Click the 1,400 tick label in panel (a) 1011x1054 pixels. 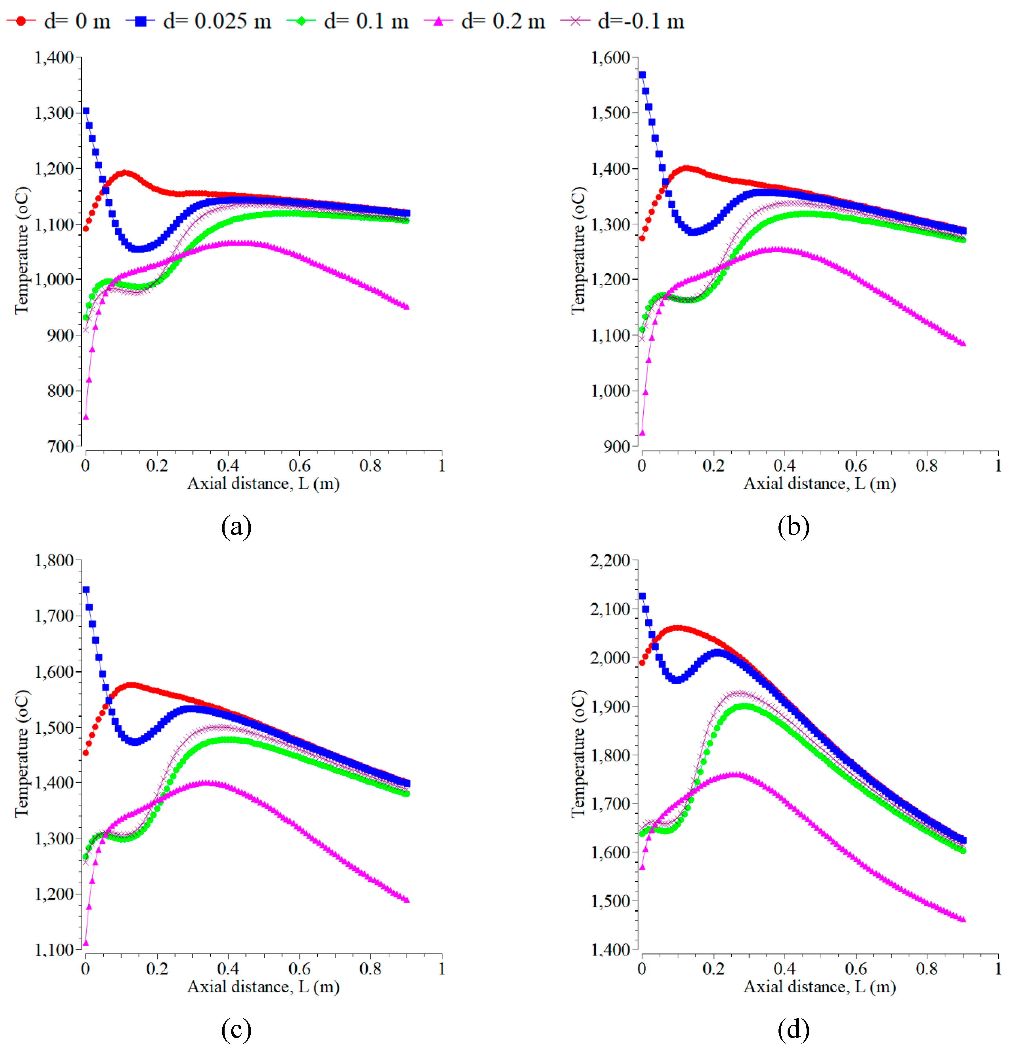click(x=54, y=58)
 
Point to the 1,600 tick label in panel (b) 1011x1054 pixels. click(x=610, y=58)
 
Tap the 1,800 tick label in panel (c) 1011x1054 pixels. click(x=54, y=560)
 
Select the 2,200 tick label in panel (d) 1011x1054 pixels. click(x=610, y=560)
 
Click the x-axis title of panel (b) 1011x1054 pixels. click(x=820, y=483)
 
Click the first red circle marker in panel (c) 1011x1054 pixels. click(x=85, y=753)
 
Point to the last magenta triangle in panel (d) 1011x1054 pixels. click(x=963, y=919)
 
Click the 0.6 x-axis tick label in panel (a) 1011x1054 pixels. click(x=300, y=465)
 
